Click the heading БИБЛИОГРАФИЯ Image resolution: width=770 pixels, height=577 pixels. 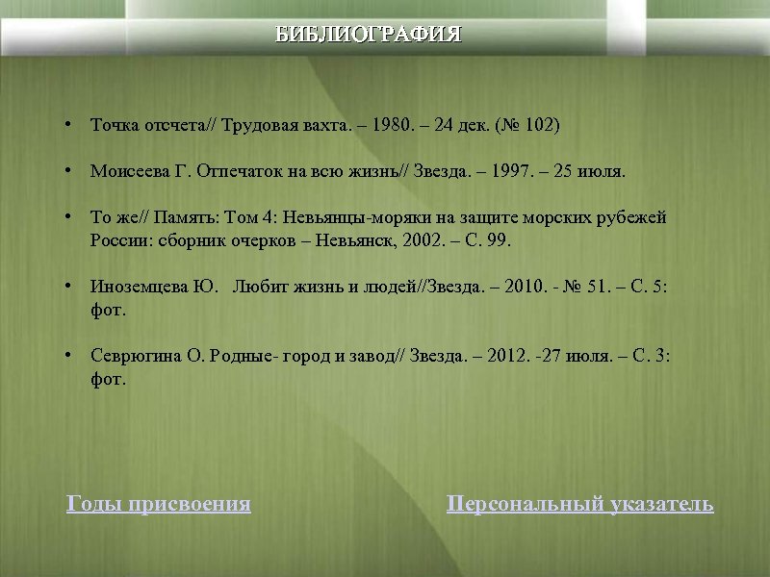[x=369, y=35]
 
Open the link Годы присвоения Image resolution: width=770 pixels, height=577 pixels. [x=159, y=504]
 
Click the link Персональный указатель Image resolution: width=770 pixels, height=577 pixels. [x=580, y=504]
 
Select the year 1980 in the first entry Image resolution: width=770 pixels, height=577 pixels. [x=391, y=126]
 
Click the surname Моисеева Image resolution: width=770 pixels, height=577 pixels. [x=127, y=172]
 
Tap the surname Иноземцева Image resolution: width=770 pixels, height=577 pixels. [x=135, y=287]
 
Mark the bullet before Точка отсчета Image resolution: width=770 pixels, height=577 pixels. [x=69, y=125]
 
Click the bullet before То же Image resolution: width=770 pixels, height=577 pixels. [x=69, y=217]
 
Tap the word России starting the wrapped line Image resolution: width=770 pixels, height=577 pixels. [x=116, y=239]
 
